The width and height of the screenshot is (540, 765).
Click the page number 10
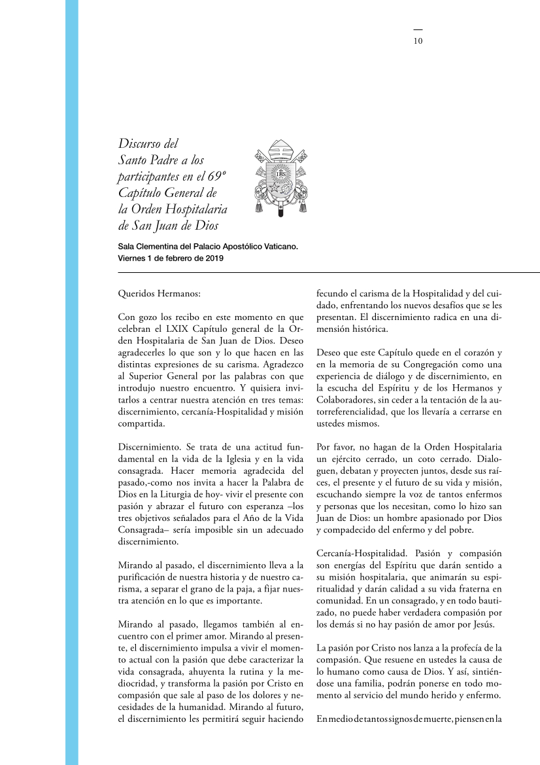[418, 41]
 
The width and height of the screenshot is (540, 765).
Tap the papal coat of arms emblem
[280, 177]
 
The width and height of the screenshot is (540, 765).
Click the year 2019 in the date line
[212, 258]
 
